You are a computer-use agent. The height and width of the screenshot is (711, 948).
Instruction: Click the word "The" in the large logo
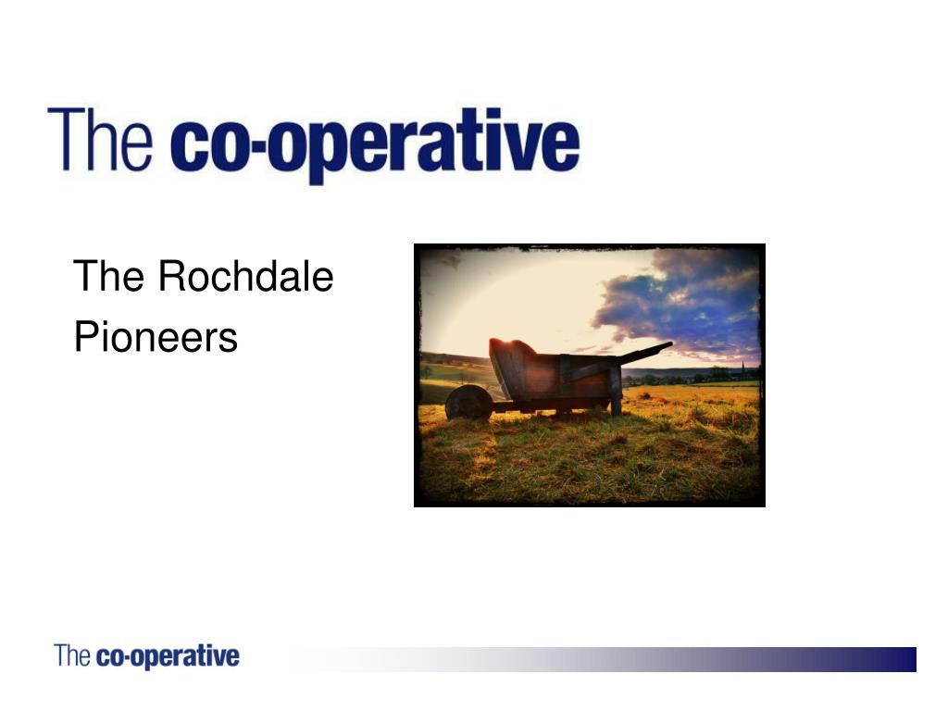point(100,140)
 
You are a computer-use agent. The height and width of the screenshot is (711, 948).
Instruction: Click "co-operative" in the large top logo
point(375,145)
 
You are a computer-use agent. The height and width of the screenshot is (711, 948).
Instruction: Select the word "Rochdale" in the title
point(245,277)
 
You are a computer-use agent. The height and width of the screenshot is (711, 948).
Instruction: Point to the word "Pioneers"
point(156,337)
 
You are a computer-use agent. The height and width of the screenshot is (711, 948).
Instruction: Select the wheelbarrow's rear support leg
point(615,403)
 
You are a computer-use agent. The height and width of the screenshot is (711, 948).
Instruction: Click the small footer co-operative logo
point(146,657)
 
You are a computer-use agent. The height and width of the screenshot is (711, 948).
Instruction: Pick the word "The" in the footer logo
point(72,656)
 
